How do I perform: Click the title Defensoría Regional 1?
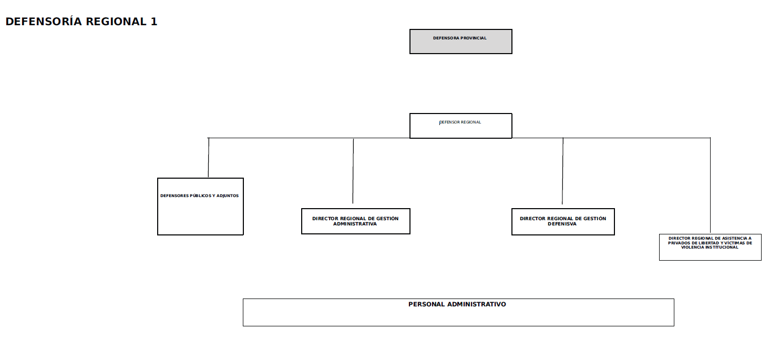tap(81, 22)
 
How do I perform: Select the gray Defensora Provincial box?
tap(460, 42)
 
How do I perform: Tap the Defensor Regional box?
tap(460, 126)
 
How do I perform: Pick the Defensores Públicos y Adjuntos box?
tap(200, 207)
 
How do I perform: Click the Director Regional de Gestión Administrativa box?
tap(355, 221)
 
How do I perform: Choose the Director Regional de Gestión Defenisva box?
tap(563, 222)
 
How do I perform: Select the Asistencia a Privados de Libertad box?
tap(710, 247)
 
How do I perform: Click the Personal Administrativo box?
tap(458, 312)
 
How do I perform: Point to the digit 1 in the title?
tap(154, 22)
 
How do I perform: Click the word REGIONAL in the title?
tap(116, 22)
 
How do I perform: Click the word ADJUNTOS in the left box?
tap(228, 196)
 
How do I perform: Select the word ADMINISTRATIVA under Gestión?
tap(355, 224)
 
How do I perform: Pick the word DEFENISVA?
tap(562, 224)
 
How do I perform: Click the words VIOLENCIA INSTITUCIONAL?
tap(710, 247)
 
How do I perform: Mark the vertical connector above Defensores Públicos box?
tap(209, 158)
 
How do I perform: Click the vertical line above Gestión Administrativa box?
tap(353, 171)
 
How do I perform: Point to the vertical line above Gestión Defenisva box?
tap(563, 171)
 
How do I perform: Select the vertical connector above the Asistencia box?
tap(711, 186)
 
